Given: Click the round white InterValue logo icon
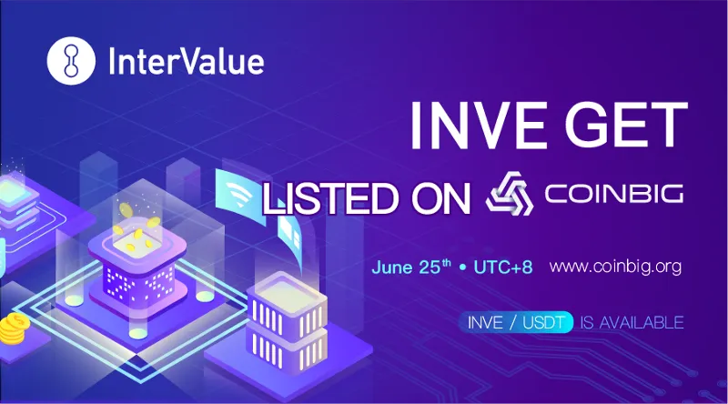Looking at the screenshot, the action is pos(71,61).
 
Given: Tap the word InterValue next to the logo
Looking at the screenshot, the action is pos(187,62).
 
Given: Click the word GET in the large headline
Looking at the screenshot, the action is pos(626,126).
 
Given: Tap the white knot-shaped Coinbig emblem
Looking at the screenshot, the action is pos(510,194).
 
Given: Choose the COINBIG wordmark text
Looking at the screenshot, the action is pos(613,194).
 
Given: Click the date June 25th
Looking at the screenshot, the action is pos(411,267).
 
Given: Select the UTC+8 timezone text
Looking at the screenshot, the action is pos(503,268).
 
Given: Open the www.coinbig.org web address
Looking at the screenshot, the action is pos(616,268).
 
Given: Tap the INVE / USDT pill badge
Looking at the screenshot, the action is pos(516,322).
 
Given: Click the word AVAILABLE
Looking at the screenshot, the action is pos(642,322).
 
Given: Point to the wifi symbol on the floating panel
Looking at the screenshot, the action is pos(237,191).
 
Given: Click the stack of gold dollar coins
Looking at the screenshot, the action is pos(14,328).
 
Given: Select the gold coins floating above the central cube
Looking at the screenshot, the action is pos(135,227).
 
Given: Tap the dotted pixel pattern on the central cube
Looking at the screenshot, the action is pos(138,282).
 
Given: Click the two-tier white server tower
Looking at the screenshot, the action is pos(286,324).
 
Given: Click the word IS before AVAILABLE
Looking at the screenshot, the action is pos(586,322).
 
